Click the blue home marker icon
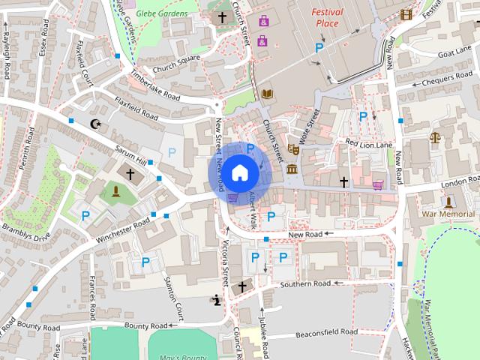point(239,172)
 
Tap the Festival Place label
point(328,17)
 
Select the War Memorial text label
point(449,214)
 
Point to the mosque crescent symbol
point(94,124)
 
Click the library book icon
point(266,94)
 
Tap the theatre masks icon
point(294,150)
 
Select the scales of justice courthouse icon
point(436,138)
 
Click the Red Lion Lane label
point(369,142)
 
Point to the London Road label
point(439,184)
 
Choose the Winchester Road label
point(124,231)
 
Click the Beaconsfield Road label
point(326,331)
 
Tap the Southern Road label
point(306,284)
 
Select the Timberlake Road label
point(156,85)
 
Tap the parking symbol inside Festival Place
point(319,48)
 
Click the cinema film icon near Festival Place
point(406,14)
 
